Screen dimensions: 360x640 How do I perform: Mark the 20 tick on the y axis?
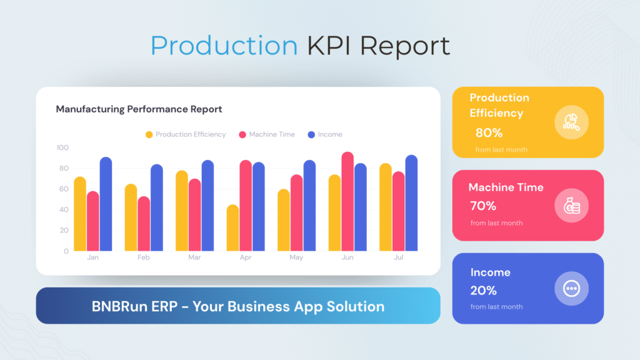click(x=64, y=231)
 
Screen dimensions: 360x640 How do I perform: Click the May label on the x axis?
click(x=296, y=257)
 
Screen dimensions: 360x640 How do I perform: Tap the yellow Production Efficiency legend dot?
click(x=149, y=134)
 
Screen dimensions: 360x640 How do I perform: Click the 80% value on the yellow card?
click(x=489, y=132)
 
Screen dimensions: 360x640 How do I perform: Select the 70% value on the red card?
click(x=483, y=206)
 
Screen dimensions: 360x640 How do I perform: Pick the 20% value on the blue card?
click(x=484, y=291)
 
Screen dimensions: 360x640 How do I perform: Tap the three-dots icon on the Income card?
click(x=572, y=288)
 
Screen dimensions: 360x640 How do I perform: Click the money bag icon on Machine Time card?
click(x=572, y=206)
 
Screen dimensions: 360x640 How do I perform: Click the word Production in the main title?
click(x=224, y=46)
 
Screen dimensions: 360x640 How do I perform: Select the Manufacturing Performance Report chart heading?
click(x=139, y=109)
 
